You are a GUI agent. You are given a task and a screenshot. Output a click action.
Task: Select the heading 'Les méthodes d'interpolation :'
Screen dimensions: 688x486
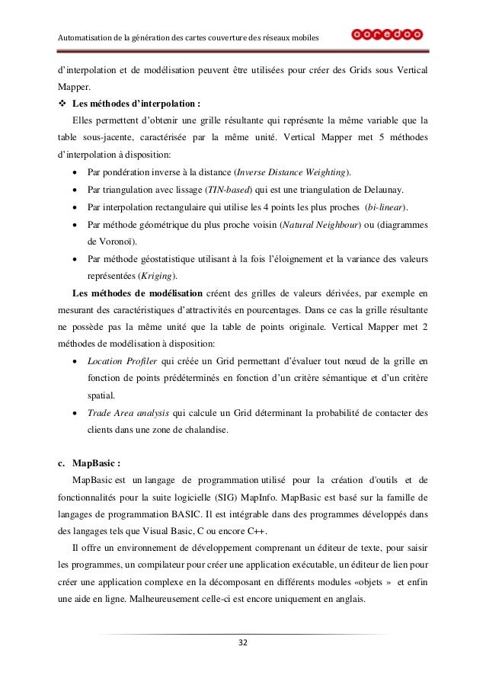pos(126,104)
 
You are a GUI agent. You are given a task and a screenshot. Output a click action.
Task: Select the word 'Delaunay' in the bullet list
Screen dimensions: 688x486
pos(382,188)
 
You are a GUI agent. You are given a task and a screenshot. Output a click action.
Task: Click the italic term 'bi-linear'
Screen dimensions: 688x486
pos(384,208)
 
